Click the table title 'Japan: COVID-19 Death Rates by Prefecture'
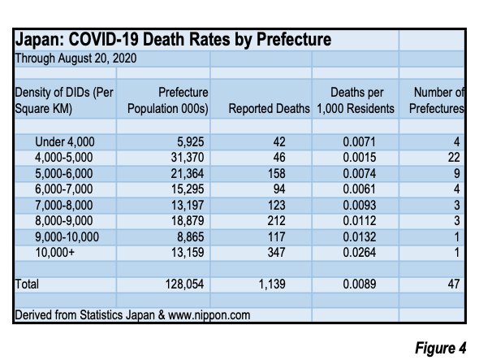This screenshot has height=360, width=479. (x=173, y=40)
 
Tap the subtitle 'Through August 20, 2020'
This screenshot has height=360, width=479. (x=76, y=59)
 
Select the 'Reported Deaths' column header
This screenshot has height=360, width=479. (x=269, y=109)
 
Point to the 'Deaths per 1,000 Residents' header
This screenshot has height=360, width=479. (x=356, y=100)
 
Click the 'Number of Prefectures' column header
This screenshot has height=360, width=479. (x=437, y=100)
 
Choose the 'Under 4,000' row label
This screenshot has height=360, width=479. (x=65, y=141)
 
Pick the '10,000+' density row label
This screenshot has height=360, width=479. (x=55, y=253)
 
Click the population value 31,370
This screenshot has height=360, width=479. (x=188, y=158)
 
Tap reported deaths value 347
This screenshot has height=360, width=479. (x=277, y=253)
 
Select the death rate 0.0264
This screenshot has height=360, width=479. (x=359, y=253)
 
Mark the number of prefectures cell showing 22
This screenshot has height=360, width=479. (x=454, y=158)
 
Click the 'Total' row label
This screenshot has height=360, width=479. (x=27, y=284)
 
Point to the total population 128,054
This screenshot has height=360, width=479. (x=184, y=284)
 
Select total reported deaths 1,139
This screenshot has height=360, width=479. (x=272, y=284)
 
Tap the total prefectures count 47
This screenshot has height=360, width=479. (x=454, y=284)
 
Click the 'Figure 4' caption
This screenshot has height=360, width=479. (x=441, y=348)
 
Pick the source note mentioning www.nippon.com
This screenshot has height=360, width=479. (x=132, y=315)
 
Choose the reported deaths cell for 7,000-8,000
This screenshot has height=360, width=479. (x=277, y=205)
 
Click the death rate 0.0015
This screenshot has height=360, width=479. (x=359, y=158)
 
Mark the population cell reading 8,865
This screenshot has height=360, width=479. (x=190, y=236)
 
